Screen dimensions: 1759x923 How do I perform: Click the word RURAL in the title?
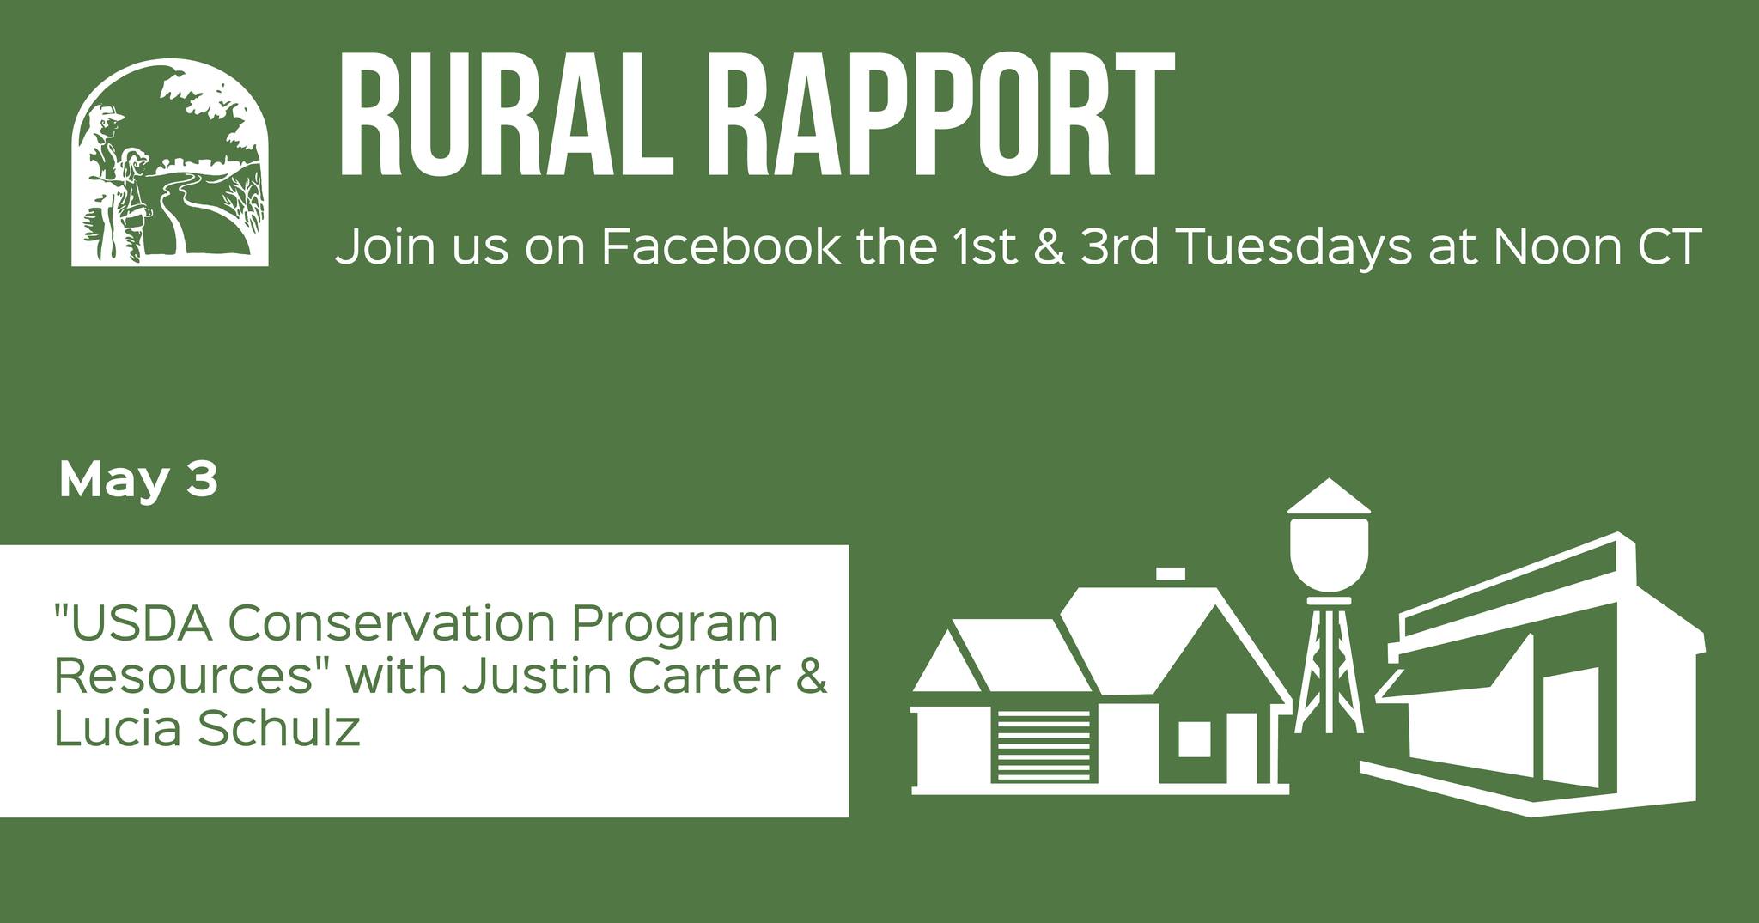pos(504,113)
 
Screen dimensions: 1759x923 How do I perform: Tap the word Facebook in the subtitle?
pos(721,246)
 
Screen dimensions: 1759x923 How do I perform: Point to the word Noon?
pos(1552,247)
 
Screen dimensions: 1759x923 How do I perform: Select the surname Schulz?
pos(277,729)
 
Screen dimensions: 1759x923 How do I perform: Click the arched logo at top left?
pos(169,162)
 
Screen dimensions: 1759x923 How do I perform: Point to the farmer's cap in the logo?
pos(109,113)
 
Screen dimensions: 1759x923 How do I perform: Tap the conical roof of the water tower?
pos(1329,496)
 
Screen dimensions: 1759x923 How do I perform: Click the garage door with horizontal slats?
pos(1047,745)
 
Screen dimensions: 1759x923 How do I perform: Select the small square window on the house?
pos(1194,739)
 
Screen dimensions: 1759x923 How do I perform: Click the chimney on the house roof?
pos(1171,574)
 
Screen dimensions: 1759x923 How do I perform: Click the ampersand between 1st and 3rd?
pos(1049,247)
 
